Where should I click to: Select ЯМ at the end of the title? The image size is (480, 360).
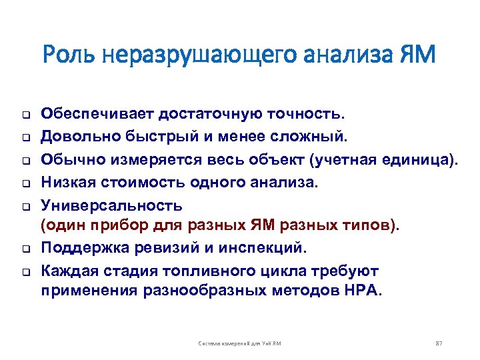point(418,54)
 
